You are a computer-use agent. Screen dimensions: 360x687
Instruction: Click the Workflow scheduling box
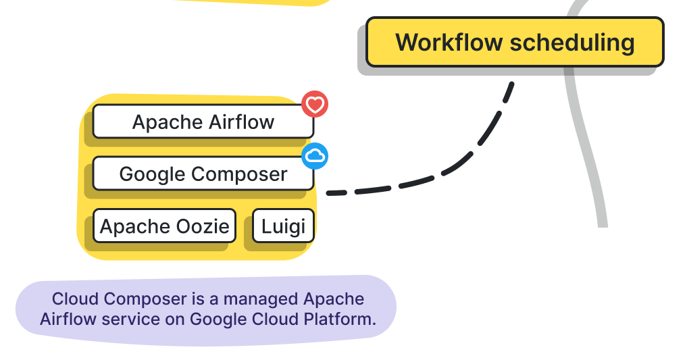tap(515, 43)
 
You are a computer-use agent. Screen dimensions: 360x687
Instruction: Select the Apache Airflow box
tap(203, 122)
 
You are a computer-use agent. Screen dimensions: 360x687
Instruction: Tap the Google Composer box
tap(203, 174)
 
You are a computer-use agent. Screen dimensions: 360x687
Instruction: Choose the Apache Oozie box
tap(164, 226)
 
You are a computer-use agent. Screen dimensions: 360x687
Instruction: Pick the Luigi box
tap(283, 226)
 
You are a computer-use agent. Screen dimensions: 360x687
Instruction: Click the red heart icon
tap(315, 104)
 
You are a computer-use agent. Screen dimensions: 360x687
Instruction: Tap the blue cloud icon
tap(315, 156)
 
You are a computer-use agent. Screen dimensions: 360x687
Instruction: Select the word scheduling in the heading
tap(571, 43)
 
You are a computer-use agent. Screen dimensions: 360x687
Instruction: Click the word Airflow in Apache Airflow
tap(241, 122)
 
